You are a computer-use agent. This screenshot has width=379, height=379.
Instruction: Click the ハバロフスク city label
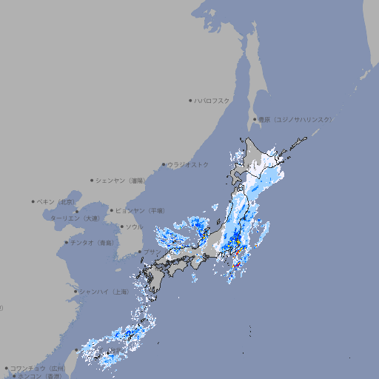pyautogui.click(x=212, y=101)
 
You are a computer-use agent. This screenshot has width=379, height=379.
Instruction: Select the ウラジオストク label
pyautogui.click(x=188, y=164)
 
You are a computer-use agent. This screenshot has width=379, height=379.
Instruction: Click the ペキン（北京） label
pyautogui.click(x=56, y=201)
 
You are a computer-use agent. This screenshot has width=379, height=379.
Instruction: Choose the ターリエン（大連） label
pyautogui.click(x=74, y=218)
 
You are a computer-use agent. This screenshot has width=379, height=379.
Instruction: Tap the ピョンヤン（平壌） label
pyautogui.click(x=141, y=210)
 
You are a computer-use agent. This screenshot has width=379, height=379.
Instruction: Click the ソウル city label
pyautogui.click(x=134, y=227)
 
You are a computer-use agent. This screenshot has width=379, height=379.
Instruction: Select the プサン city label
pyautogui.click(x=151, y=252)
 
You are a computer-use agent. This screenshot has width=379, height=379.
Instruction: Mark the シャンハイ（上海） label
pyautogui.click(x=104, y=292)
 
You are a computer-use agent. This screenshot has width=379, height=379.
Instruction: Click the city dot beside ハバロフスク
pyautogui.click(x=190, y=101)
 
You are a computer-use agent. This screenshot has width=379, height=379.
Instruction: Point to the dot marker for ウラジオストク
pyautogui.click(x=164, y=164)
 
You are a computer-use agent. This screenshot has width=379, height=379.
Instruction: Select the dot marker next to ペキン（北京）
pyautogui.click(x=33, y=201)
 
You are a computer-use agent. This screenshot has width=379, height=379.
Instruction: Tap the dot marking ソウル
pyautogui.click(x=121, y=227)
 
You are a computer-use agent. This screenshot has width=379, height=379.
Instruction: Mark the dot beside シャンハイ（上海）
pyautogui.click(x=76, y=292)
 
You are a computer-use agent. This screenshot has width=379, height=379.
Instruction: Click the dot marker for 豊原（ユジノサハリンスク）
pyautogui.click(x=255, y=119)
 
